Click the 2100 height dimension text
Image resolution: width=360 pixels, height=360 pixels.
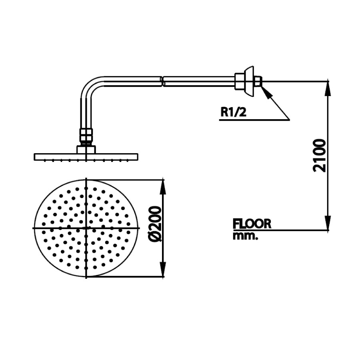[x=320, y=155]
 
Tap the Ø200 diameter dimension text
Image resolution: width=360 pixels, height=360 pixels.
[x=155, y=224]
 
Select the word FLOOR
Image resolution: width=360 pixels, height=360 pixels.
[x=252, y=224]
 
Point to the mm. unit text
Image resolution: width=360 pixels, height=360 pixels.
[x=245, y=236]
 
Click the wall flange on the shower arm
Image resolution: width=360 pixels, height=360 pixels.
[x=250, y=81]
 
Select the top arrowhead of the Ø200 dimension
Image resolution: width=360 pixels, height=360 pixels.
[x=163, y=186]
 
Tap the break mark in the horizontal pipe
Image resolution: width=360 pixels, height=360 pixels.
[x=162, y=81]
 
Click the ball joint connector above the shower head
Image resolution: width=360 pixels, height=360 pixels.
[x=86, y=136]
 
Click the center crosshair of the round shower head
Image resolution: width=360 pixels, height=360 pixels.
[x=87, y=228]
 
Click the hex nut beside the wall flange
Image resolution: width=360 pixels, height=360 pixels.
[x=240, y=81]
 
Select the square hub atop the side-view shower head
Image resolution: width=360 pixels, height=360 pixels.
[x=86, y=149]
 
